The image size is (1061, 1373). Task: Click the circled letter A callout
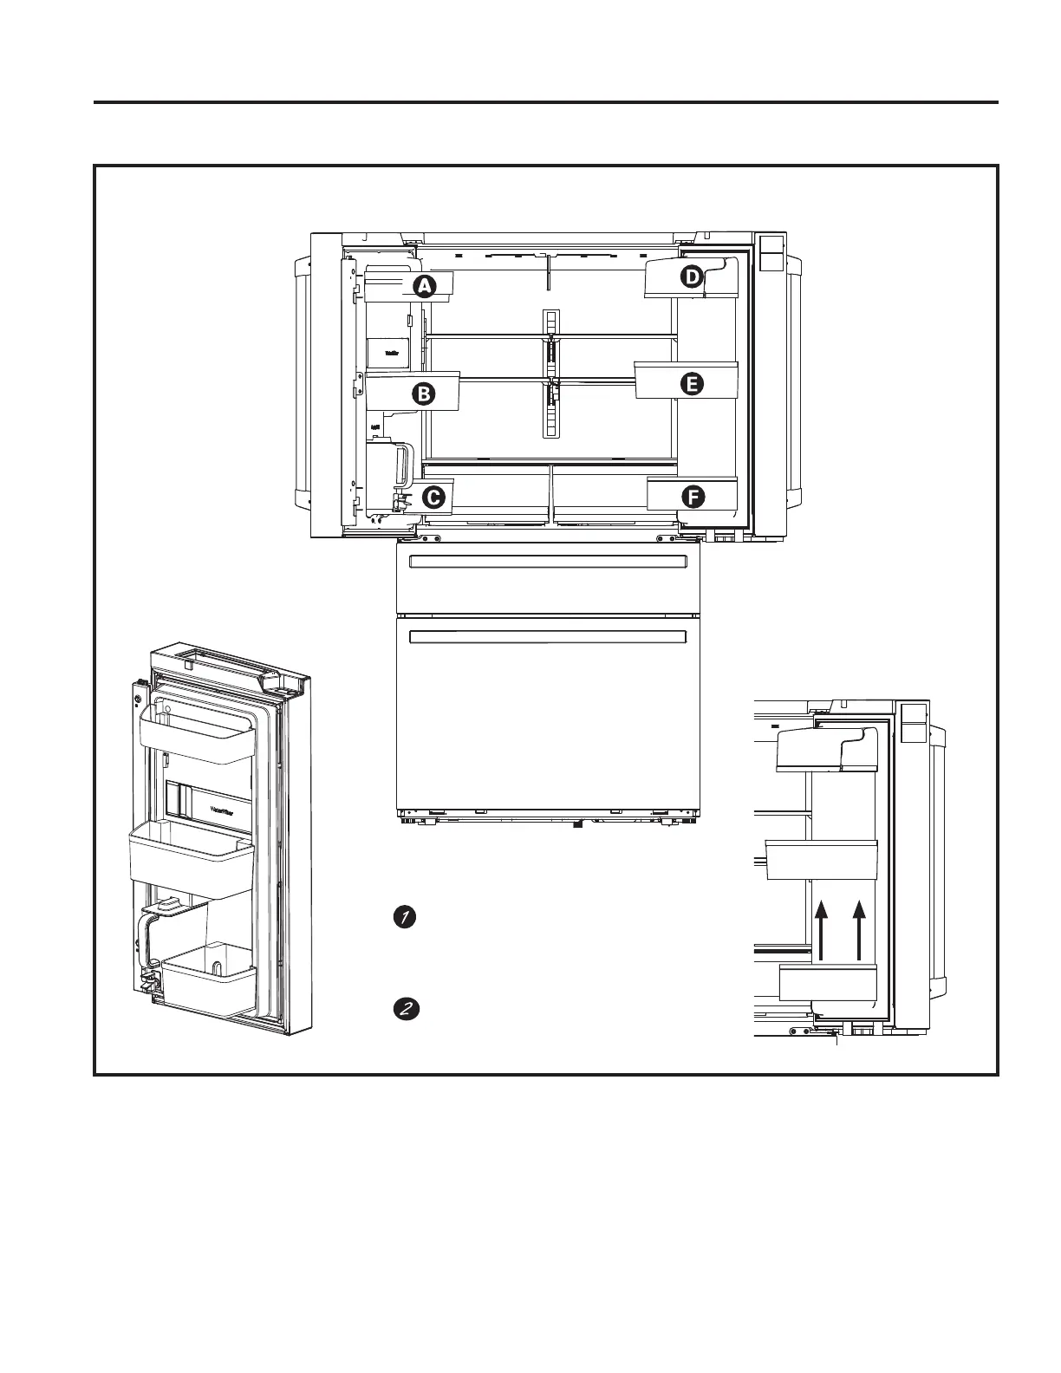(x=423, y=285)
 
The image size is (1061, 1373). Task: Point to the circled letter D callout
(x=691, y=277)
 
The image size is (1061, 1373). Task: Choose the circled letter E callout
(x=691, y=384)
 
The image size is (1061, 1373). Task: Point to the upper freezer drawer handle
(x=548, y=563)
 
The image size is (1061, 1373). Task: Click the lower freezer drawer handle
(x=548, y=637)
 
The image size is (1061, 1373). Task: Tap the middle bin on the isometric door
(x=190, y=858)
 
